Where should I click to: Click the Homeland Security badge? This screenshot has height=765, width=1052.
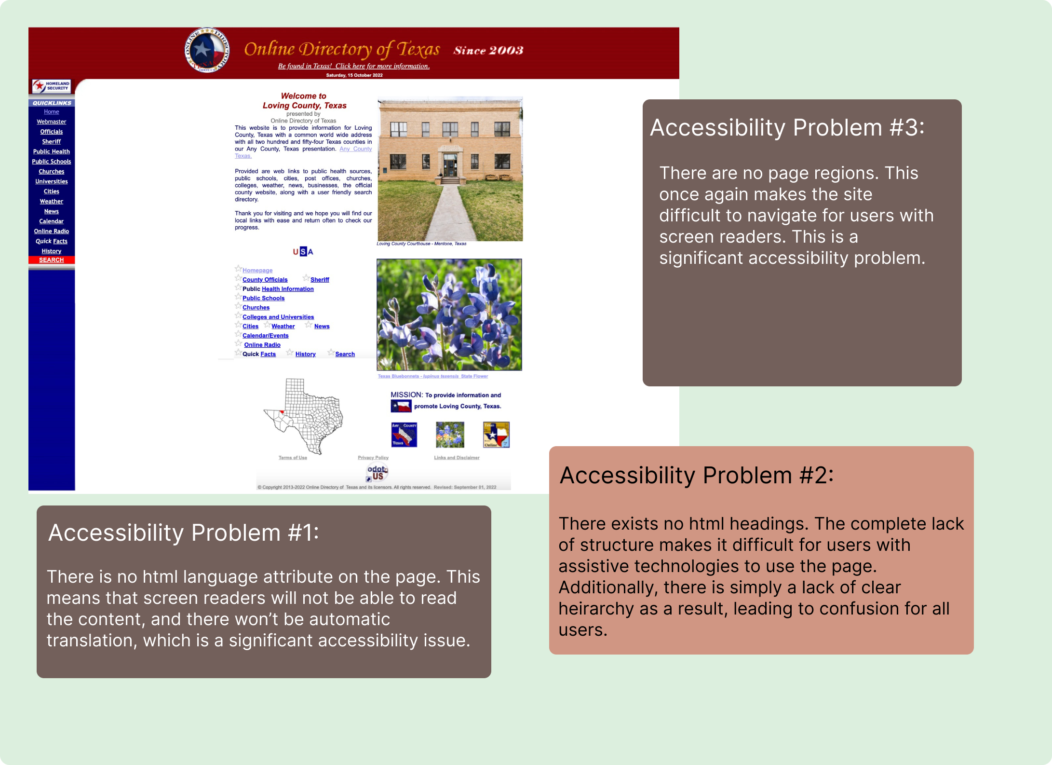52,86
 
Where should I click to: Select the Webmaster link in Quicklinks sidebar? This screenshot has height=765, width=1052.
52,122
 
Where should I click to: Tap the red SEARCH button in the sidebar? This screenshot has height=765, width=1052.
52,260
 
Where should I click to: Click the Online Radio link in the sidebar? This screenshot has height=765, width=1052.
52,232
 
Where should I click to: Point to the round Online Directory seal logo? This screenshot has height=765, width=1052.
207,50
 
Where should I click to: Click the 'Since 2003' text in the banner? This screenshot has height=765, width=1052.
488,51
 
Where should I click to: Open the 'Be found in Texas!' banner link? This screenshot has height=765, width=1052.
353,66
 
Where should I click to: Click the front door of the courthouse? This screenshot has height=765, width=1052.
450,165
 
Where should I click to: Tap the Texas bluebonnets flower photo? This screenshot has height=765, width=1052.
449,314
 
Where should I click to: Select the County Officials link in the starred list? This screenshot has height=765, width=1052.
265,280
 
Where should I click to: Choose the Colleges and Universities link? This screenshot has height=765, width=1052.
278,317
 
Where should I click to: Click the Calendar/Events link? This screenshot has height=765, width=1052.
265,336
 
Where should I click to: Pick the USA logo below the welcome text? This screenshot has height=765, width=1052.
303,252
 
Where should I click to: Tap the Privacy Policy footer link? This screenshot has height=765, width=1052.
373,458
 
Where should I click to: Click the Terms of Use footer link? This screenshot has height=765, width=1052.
293,458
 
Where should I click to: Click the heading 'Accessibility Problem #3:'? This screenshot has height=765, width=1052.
787,128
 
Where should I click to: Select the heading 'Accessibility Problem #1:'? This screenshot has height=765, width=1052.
183,533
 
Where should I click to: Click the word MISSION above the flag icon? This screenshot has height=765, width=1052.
406,395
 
